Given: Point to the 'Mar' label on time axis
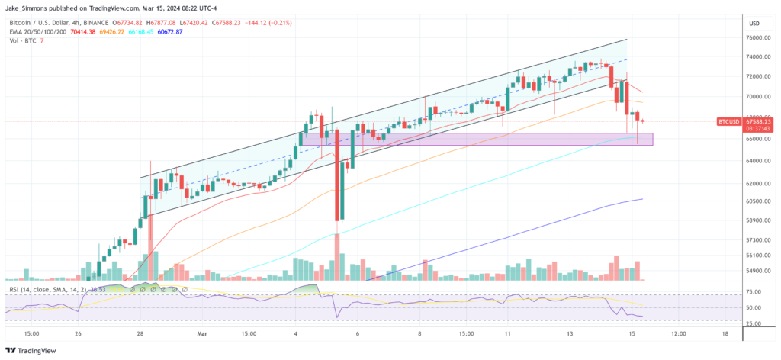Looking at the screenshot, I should [x=202, y=333].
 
